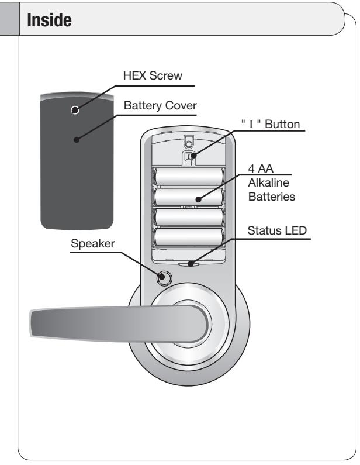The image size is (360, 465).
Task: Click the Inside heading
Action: click(x=49, y=20)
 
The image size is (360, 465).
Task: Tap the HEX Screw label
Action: click(x=153, y=75)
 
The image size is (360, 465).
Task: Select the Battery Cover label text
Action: click(x=160, y=105)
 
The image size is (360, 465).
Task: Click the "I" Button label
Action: click(x=271, y=124)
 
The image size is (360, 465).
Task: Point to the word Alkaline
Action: click(x=268, y=182)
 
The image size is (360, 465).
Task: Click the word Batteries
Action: click(x=272, y=197)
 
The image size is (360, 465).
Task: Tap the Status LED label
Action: click(x=277, y=230)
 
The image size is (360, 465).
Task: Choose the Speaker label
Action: click(x=93, y=244)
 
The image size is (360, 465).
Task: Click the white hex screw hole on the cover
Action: click(x=75, y=110)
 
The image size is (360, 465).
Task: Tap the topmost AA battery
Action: click(x=189, y=177)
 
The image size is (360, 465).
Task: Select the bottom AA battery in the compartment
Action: click(x=189, y=237)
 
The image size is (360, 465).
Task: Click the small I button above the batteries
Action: click(x=188, y=156)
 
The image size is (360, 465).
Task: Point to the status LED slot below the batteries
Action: click(x=188, y=264)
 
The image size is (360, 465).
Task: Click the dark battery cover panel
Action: click(x=77, y=161)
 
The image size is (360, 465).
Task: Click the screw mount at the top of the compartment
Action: click(x=188, y=142)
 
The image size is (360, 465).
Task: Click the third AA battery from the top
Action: click(x=189, y=217)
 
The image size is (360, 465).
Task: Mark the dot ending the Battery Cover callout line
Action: click(x=77, y=139)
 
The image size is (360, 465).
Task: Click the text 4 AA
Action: click(x=261, y=168)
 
